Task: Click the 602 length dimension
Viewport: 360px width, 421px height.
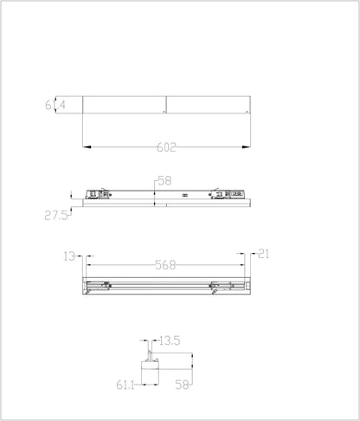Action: pyautogui.click(x=167, y=148)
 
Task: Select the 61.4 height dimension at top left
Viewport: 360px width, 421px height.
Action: pyautogui.click(x=56, y=106)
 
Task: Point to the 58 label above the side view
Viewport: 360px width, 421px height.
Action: pyautogui.click(x=164, y=181)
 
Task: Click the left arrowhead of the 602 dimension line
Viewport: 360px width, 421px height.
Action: pyautogui.click(x=87, y=148)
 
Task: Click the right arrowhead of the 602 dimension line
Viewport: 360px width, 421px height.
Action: pyautogui.click(x=247, y=148)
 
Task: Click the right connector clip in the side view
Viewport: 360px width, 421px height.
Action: pyautogui.click(x=227, y=194)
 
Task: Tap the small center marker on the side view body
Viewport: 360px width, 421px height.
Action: pyautogui.click(x=184, y=197)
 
